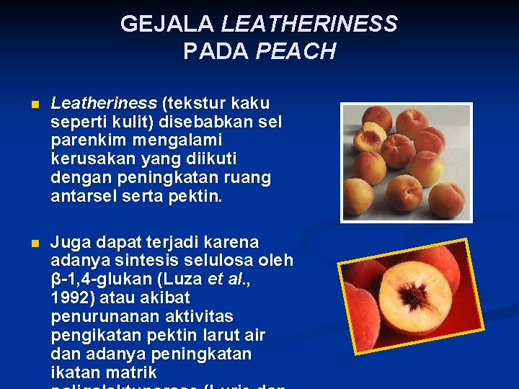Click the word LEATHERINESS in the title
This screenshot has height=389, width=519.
[309, 24]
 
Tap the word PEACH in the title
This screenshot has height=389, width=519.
[296, 52]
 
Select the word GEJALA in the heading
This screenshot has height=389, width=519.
[167, 24]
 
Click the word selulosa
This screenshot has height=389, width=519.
[217, 260]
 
